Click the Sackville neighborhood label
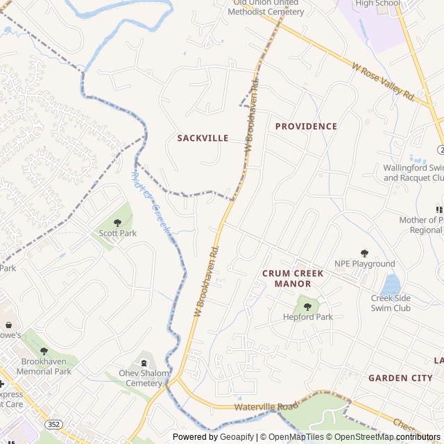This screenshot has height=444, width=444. pyautogui.click(x=203, y=138)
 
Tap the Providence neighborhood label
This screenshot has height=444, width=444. pyautogui.click(x=306, y=126)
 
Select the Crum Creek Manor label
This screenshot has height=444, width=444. pyautogui.click(x=293, y=278)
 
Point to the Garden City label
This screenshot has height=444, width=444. pyautogui.click(x=400, y=378)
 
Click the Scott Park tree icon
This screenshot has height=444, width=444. pyautogui.click(x=117, y=223)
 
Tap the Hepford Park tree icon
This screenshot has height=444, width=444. pyautogui.click(x=307, y=306)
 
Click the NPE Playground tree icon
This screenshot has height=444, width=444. pyautogui.click(x=364, y=253)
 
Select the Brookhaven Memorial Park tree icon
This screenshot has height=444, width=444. pyautogui.click(x=44, y=352)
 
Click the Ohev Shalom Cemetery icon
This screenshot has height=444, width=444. pyautogui.click(x=144, y=362)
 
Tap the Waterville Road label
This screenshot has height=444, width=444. pyautogui.click(x=266, y=406)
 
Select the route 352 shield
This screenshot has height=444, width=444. pyautogui.click(x=53, y=423)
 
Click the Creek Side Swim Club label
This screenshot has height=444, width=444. pyautogui.click(x=391, y=303)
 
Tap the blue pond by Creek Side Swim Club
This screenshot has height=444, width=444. pyautogui.click(x=391, y=284)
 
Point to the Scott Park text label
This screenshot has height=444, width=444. pyautogui.click(x=117, y=234)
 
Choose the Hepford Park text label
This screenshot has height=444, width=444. pyautogui.click(x=308, y=317)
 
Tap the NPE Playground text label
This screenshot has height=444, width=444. pyautogui.click(x=364, y=264)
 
